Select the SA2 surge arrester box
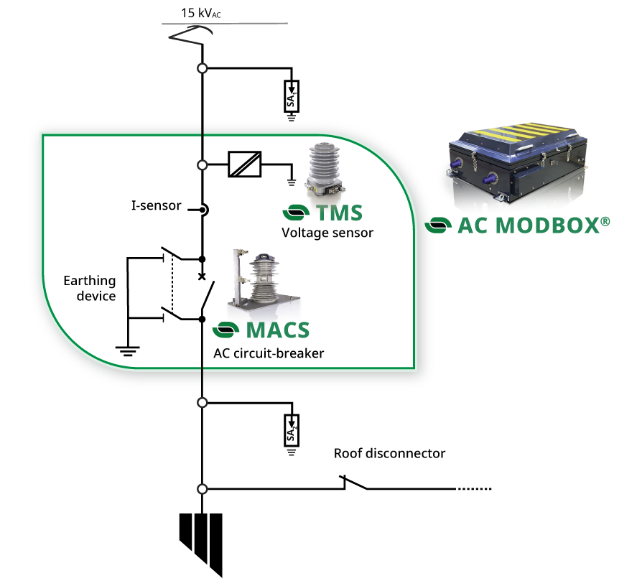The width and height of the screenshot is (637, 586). pyautogui.click(x=292, y=430)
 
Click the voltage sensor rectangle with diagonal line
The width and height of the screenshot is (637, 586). pyautogui.click(x=244, y=164)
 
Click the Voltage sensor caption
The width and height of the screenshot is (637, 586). pyautogui.click(x=327, y=233)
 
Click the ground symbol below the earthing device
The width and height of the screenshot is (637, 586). pyautogui.click(x=127, y=351)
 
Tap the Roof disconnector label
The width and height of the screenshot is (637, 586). pyautogui.click(x=389, y=454)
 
